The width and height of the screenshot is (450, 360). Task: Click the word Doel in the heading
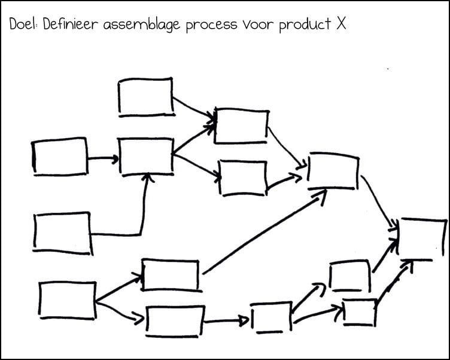(x=22, y=25)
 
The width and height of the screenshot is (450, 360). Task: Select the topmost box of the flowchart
(x=145, y=96)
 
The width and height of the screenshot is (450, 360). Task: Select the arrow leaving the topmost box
(x=193, y=108)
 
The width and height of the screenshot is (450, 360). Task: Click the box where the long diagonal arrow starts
(x=170, y=274)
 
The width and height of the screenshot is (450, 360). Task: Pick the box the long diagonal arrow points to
(x=333, y=170)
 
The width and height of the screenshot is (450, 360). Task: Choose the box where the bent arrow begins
(x=62, y=233)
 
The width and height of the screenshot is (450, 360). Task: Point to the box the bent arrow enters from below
(x=147, y=156)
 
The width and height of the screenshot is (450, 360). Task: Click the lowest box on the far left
(x=68, y=300)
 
